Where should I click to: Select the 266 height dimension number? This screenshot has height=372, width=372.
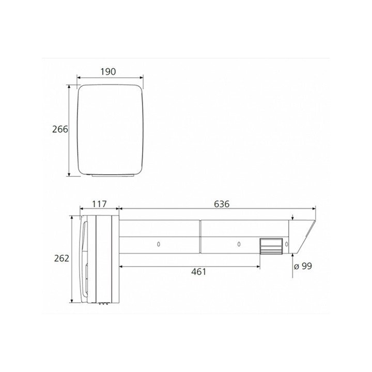coord(60,129)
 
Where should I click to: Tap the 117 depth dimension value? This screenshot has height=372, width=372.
coord(99,204)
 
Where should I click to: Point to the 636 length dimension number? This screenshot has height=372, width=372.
coord(221,204)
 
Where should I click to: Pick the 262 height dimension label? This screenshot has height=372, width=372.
coord(61,258)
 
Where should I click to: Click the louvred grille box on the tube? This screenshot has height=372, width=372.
coord(269,246)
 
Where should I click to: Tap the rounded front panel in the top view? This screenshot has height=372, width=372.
coord(110,129)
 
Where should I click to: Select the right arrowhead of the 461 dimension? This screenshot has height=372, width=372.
coord(258,266)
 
